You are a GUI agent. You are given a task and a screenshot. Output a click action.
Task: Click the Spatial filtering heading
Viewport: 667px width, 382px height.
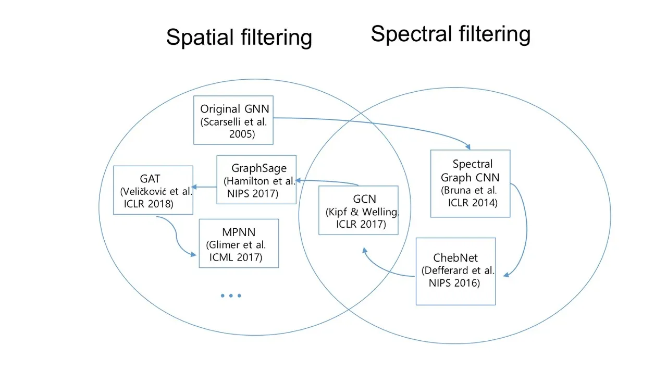(239, 38)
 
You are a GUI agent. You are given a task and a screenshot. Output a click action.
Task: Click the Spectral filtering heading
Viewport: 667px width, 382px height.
(450, 34)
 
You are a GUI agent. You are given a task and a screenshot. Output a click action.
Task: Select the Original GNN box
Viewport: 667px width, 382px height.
(233, 120)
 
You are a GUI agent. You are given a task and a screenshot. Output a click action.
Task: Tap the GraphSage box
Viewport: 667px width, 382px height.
(256, 180)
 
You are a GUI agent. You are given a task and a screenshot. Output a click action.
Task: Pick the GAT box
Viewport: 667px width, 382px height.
(153, 190)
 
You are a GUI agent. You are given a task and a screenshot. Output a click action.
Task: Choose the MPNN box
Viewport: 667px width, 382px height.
(239, 243)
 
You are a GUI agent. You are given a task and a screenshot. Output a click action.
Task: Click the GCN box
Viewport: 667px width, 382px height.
(359, 210)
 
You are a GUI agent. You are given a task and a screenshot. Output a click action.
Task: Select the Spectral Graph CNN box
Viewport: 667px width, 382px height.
(470, 183)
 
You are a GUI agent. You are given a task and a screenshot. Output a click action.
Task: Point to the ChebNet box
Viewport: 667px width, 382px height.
(455, 271)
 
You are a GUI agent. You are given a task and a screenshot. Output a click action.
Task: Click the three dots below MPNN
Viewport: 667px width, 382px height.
(231, 295)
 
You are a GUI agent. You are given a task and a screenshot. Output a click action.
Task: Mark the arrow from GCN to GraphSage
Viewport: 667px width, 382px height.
(328, 181)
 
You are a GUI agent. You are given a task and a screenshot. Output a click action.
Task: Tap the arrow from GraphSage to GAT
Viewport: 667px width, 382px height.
(205, 187)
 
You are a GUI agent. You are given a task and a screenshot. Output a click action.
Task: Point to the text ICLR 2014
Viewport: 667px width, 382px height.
(473, 203)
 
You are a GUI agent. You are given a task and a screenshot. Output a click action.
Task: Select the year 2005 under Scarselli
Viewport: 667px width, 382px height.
(242, 133)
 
